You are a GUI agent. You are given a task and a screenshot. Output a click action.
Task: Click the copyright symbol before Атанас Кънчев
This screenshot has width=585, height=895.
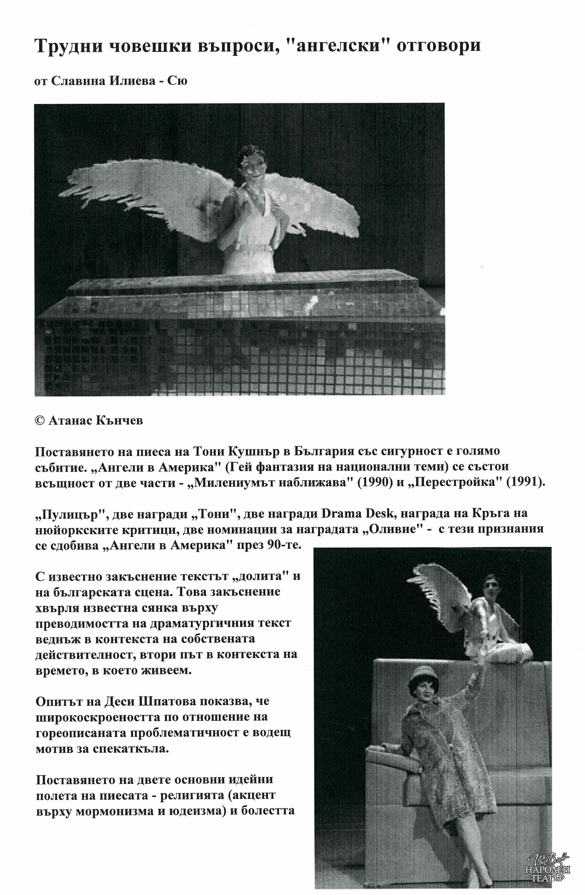point(39,420)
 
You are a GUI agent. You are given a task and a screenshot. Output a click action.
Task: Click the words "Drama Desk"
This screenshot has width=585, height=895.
point(351,514)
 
